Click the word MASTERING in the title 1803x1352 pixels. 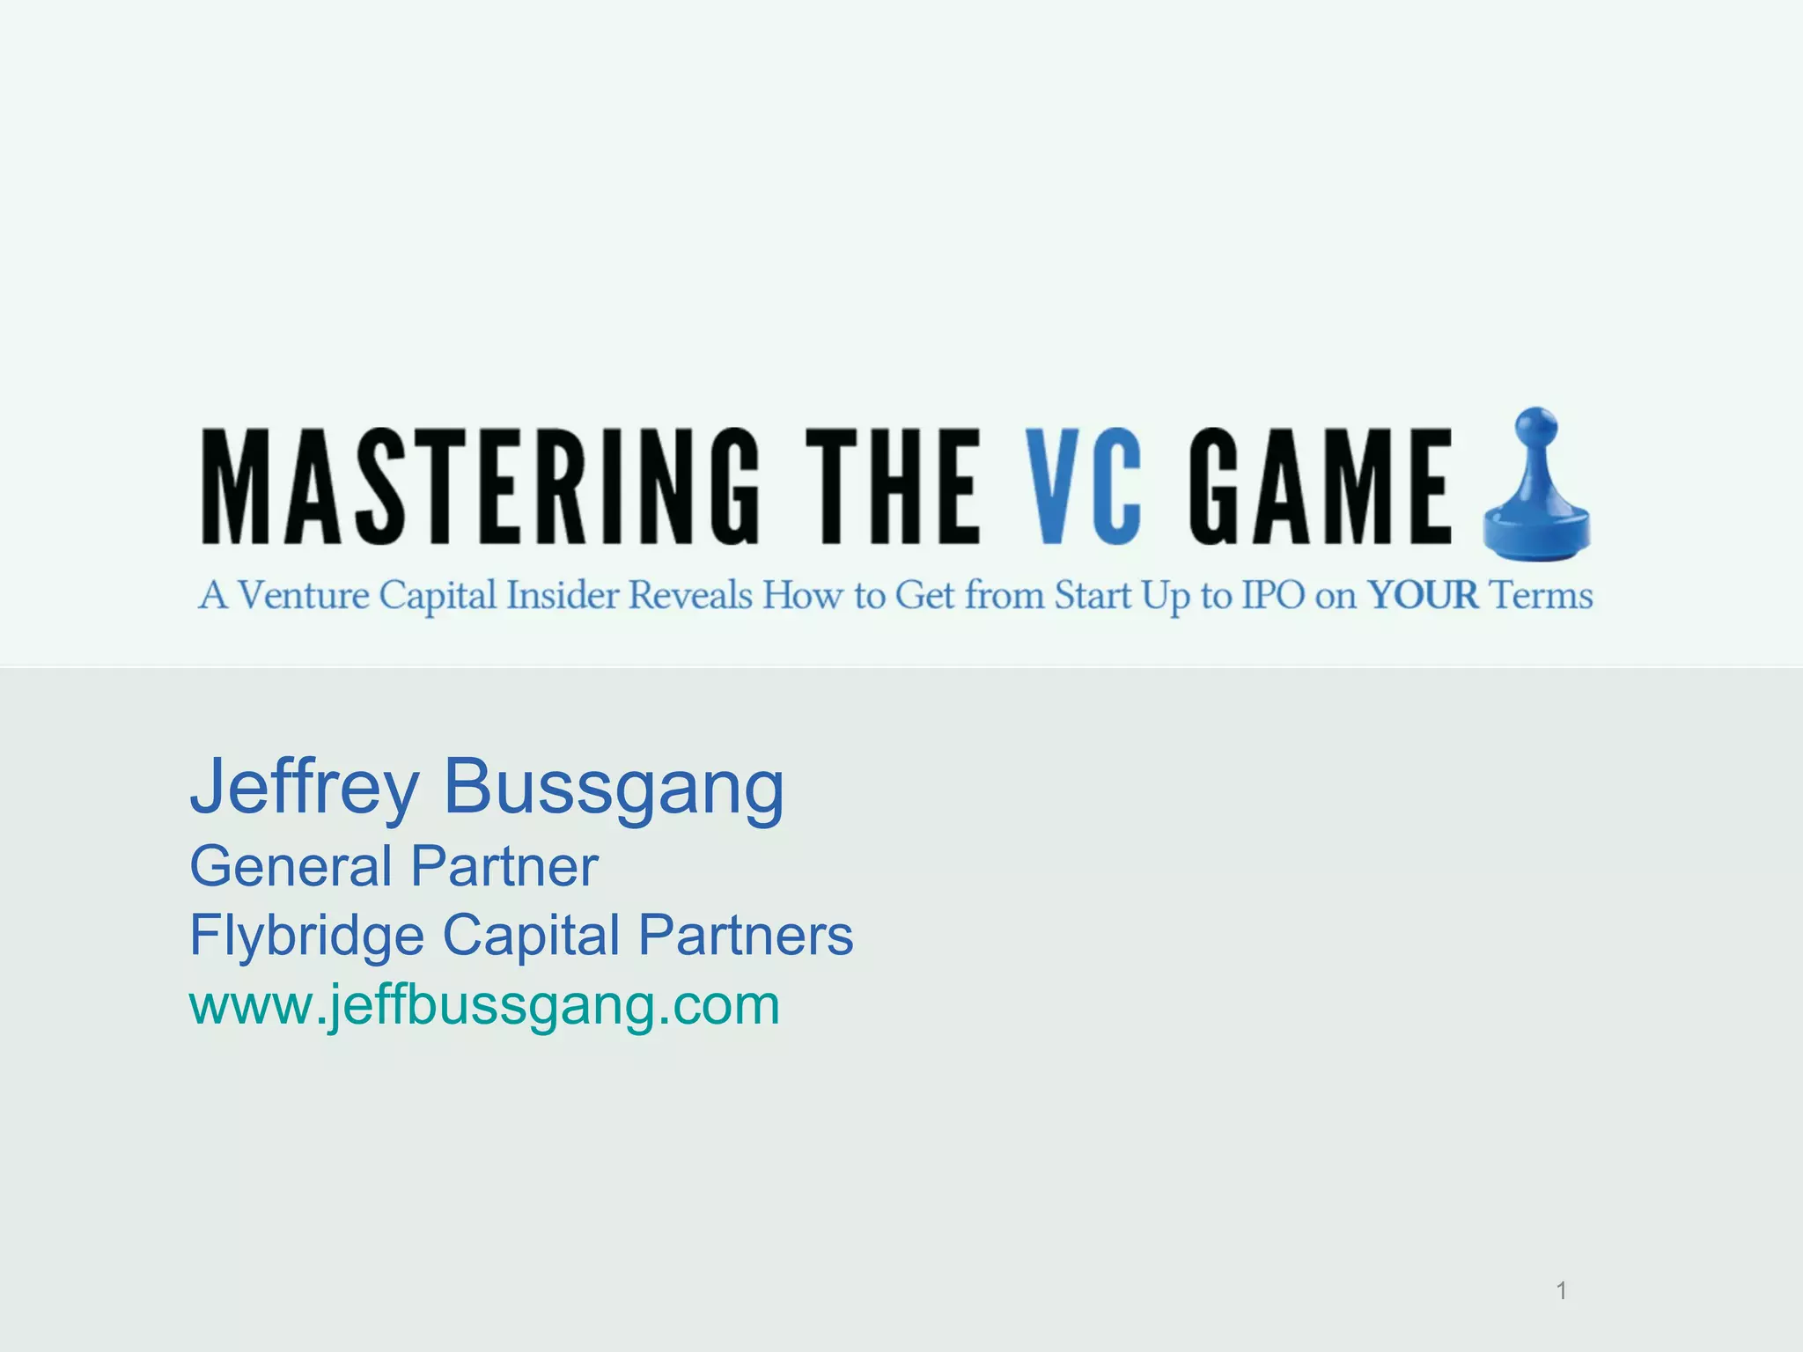[x=480, y=487]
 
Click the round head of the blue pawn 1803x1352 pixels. [x=1535, y=430]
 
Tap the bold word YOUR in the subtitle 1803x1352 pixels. [x=1423, y=596]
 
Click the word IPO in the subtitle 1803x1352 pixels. [x=1273, y=596]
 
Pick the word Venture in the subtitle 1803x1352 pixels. [x=304, y=596]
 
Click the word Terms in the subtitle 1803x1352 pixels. [x=1542, y=596]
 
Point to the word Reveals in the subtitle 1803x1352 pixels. [x=690, y=596]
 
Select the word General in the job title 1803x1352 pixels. [x=291, y=866]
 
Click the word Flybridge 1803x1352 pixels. [x=306, y=935]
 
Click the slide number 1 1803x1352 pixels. [x=1561, y=1290]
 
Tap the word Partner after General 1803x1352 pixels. [x=504, y=866]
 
